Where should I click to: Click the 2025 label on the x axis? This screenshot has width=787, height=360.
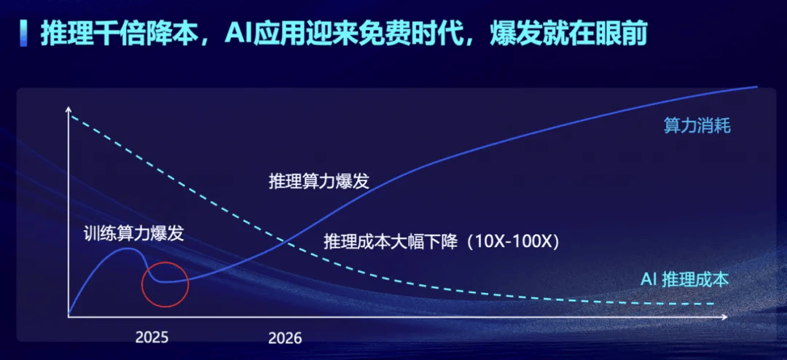click(x=152, y=337)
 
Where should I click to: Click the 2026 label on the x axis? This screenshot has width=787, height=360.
click(x=285, y=338)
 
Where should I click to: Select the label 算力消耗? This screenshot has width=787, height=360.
click(x=697, y=126)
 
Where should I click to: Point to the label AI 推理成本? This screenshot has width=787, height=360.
click(x=684, y=280)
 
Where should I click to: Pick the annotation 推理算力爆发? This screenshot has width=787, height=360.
click(x=318, y=181)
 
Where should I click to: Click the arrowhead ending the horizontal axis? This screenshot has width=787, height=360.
click(x=724, y=317)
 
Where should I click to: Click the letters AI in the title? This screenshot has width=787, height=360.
click(x=236, y=34)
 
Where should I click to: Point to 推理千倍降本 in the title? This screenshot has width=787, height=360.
click(x=115, y=34)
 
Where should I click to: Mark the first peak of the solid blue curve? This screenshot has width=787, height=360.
click(x=127, y=248)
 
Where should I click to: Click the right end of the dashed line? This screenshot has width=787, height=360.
click(x=713, y=303)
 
